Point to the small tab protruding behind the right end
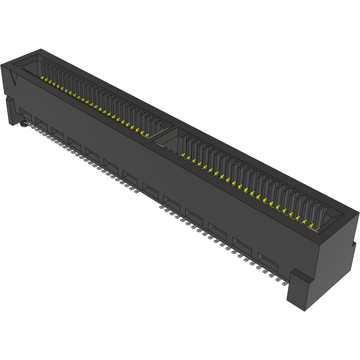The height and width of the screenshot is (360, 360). click(353, 244)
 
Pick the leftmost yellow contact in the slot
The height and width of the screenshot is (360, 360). click(43, 79)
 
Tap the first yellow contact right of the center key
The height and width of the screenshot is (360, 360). click(183, 155)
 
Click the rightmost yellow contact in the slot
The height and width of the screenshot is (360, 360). click(318, 229)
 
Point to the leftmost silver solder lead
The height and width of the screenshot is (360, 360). click(33, 127)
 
